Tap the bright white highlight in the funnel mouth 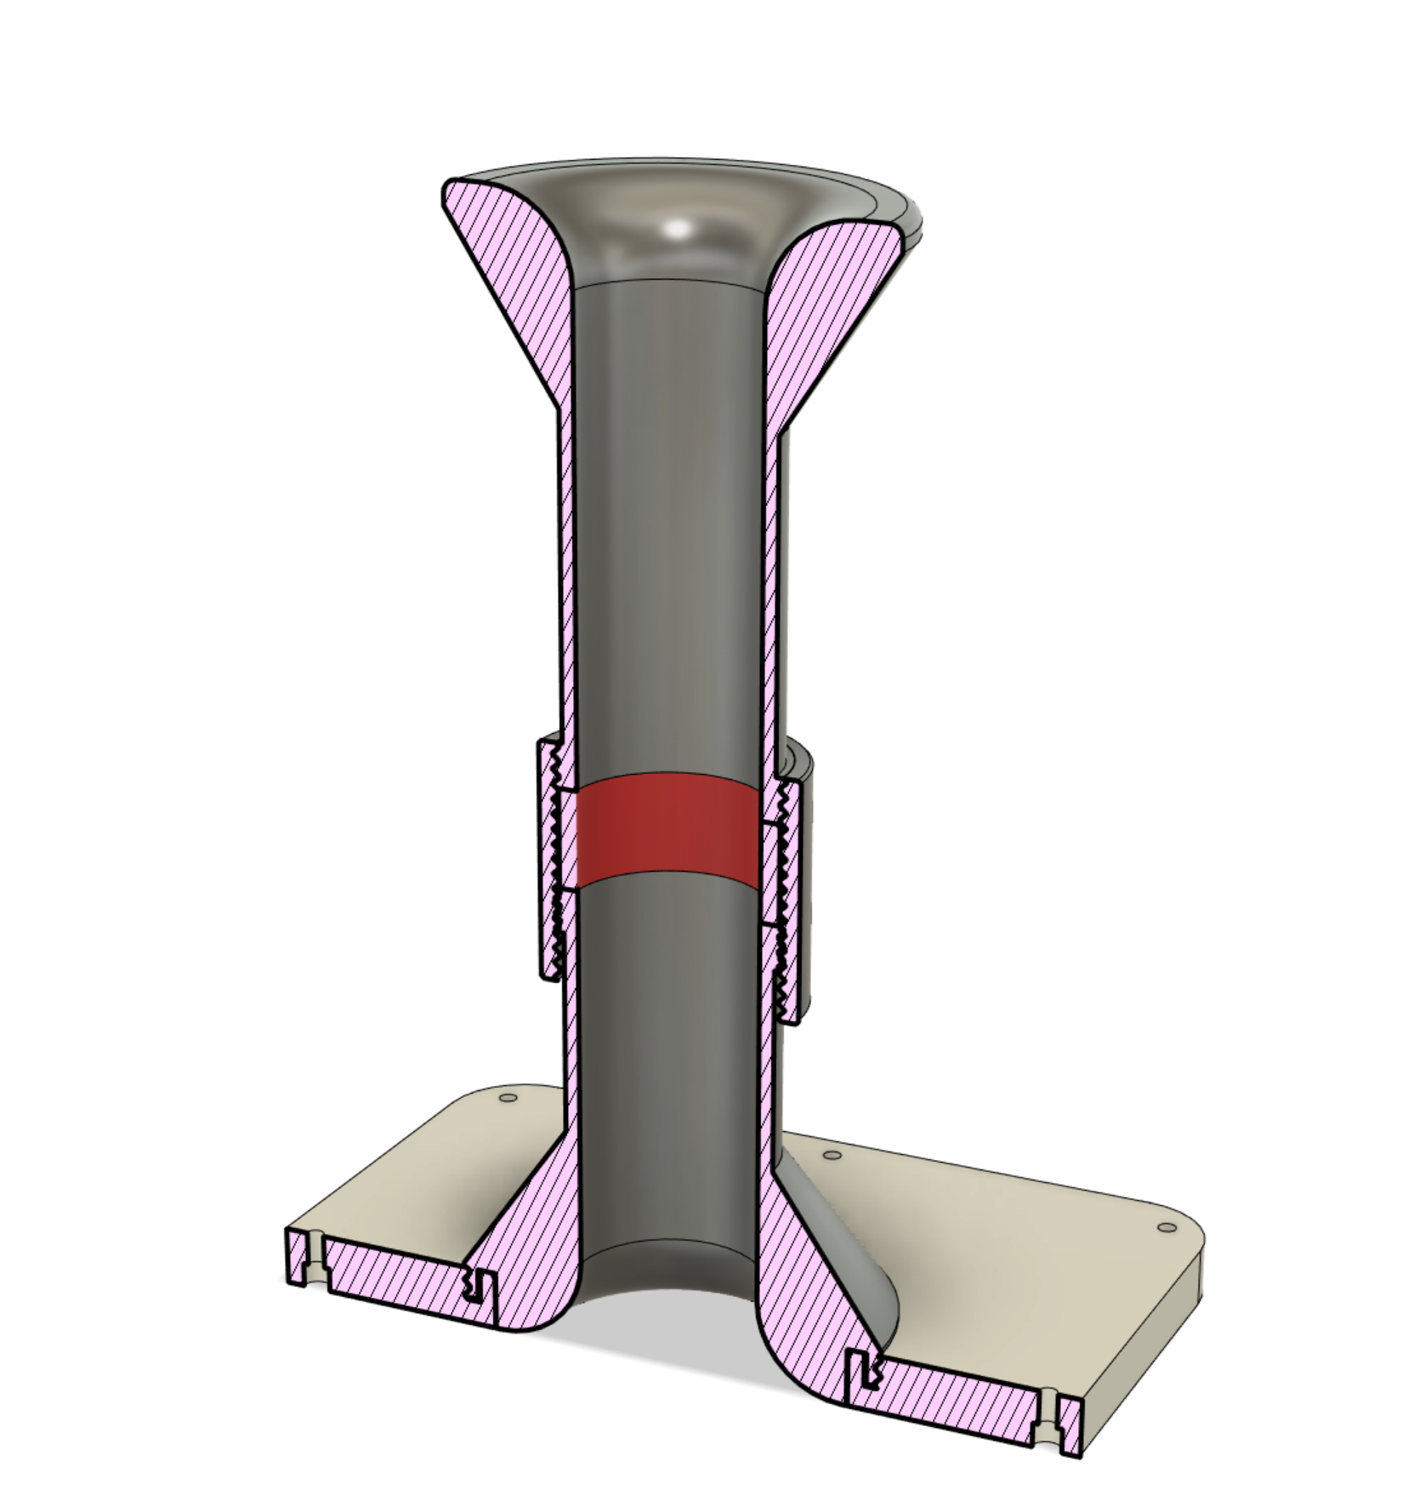click(x=678, y=228)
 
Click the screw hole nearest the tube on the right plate click(x=832, y=1155)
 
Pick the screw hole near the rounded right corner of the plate click(x=1167, y=1227)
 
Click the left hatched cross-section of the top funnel click(x=510, y=272)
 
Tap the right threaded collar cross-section click(x=790, y=901)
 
